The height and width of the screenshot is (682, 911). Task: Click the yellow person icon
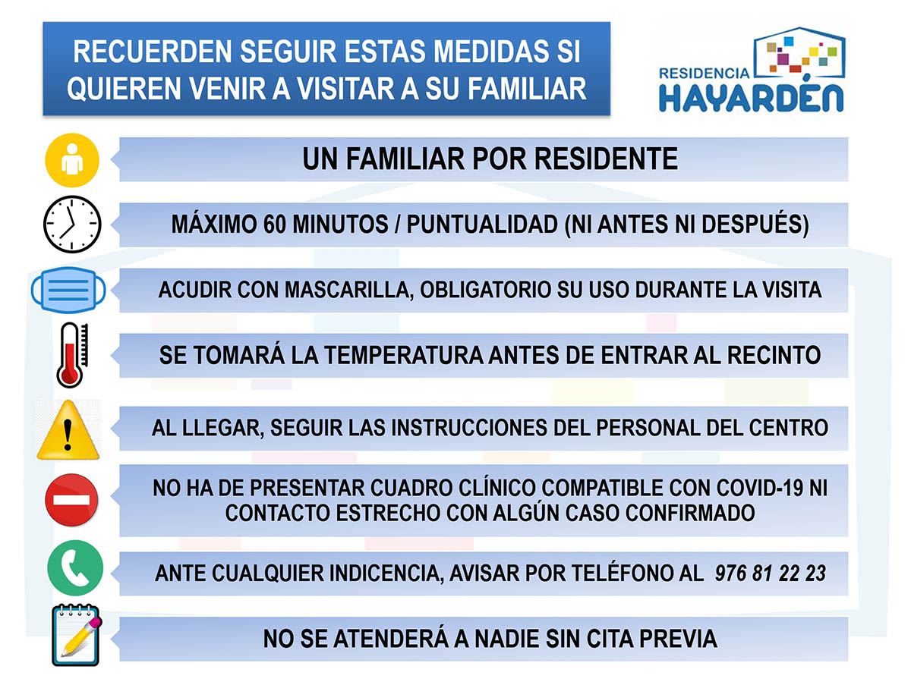click(72, 159)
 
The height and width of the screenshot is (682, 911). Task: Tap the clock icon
click(72, 225)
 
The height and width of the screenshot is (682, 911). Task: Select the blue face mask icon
click(68, 290)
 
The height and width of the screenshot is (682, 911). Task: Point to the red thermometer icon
click(72, 355)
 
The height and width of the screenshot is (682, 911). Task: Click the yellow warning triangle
click(68, 429)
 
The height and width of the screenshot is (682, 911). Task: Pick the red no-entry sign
click(71, 500)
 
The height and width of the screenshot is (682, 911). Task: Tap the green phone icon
click(74, 567)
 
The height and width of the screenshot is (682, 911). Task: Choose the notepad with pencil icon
click(77, 635)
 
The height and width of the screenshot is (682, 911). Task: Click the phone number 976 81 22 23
click(771, 574)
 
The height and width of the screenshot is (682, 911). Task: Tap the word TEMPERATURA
click(404, 355)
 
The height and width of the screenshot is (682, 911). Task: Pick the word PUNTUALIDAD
click(482, 225)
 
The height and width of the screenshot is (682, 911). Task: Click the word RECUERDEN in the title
click(153, 52)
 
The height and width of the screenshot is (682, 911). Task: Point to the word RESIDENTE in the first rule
click(606, 159)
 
